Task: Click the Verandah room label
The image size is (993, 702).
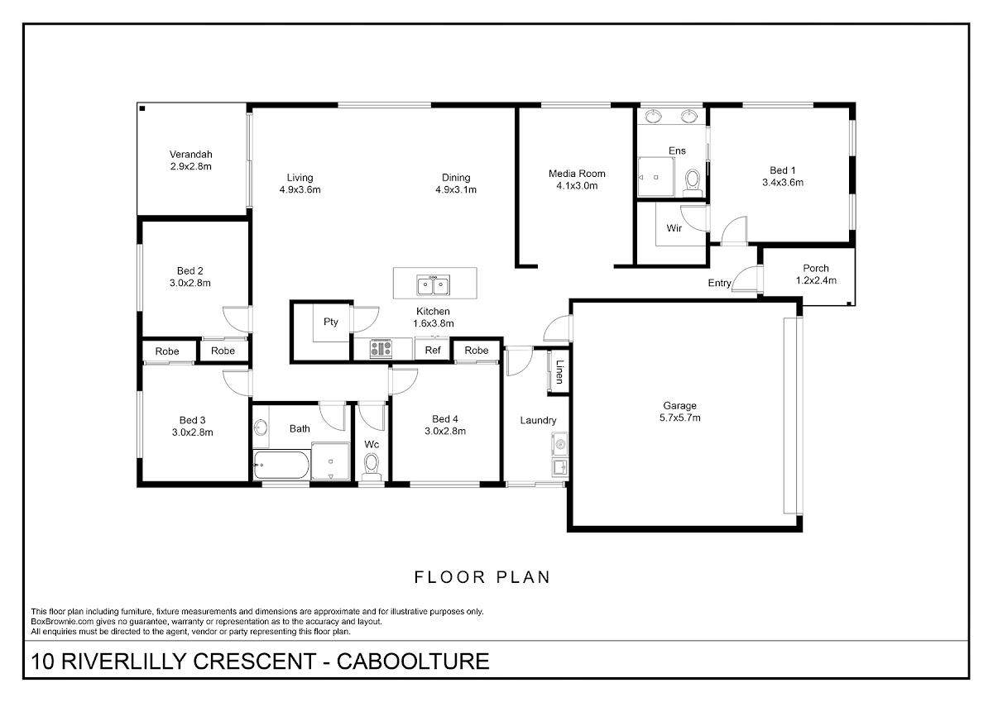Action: click(x=190, y=155)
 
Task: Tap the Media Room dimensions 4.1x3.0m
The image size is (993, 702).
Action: click(x=577, y=185)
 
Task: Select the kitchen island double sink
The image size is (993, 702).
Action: click(x=433, y=284)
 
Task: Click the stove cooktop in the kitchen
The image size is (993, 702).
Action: click(x=381, y=349)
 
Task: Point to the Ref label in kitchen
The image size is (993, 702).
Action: click(x=433, y=351)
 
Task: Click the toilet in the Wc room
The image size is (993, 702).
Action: click(x=371, y=467)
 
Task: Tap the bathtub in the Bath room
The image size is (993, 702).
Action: click(x=281, y=465)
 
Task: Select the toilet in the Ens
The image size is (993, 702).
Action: click(x=692, y=183)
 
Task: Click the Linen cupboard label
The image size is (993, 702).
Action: click(x=559, y=371)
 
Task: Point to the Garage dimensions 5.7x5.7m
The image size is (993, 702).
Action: click(x=679, y=418)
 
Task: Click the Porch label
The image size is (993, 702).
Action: click(x=816, y=269)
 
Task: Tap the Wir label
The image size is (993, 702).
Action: click(x=674, y=228)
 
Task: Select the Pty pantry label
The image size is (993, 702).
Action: click(x=331, y=322)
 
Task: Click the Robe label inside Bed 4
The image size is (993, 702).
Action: click(x=477, y=351)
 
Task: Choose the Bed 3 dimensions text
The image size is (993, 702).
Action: click(x=192, y=432)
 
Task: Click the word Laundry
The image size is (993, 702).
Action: click(x=538, y=420)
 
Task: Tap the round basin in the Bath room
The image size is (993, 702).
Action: click(x=260, y=427)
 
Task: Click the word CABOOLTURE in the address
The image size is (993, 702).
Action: click(x=413, y=661)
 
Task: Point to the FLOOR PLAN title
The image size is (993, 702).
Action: click(x=482, y=577)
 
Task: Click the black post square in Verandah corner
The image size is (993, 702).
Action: click(x=142, y=108)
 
